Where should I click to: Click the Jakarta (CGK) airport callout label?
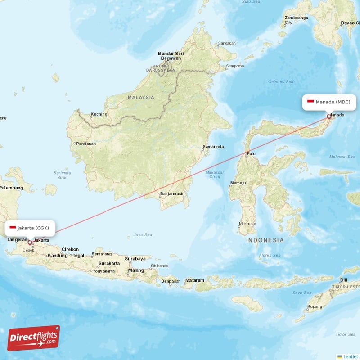coord(30,228)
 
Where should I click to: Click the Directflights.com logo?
coord(34,338)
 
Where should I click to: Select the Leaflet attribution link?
coord(349,356)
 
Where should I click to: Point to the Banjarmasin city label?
coord(172,194)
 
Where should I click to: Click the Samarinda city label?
coord(213,147)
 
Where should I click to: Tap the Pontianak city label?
coord(86,144)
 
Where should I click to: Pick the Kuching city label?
coord(99,114)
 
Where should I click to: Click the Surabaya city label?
coord(135,259)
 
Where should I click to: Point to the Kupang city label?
coord(314,306)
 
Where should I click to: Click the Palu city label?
coord(251,154)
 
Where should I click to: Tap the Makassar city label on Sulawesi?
coord(247,224)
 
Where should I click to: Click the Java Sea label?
coord(143,235)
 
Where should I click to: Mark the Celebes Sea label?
coord(280,82)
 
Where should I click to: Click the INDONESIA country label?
coord(265,240)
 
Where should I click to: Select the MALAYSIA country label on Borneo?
coord(141,97)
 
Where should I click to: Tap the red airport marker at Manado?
coord(329,117)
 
